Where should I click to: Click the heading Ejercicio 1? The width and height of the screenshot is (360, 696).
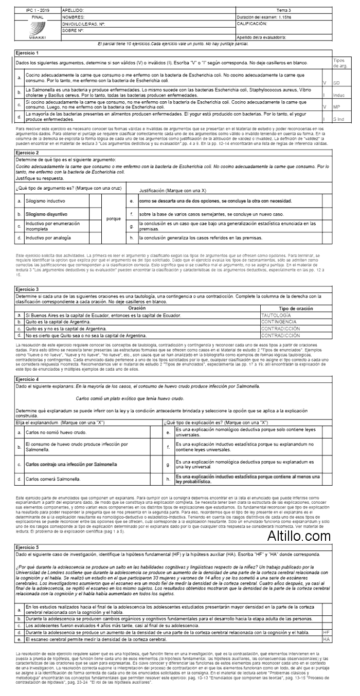tap(28, 53)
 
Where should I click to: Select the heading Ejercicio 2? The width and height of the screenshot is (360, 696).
tap(28, 153)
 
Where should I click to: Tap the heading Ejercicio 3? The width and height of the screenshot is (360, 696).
tap(28, 290)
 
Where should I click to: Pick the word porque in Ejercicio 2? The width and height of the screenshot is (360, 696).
tap(113, 218)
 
